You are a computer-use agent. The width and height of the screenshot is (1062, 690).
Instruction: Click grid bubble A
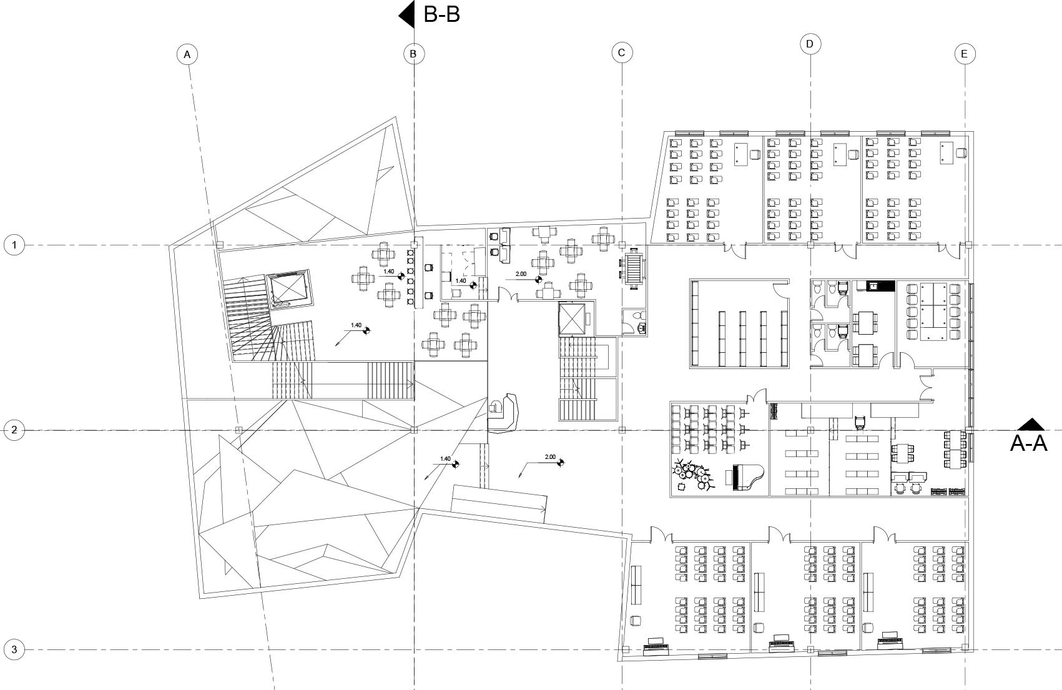(187, 54)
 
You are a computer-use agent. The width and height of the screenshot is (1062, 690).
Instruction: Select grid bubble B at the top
(413, 54)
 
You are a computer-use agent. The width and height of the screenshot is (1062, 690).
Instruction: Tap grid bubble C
(621, 52)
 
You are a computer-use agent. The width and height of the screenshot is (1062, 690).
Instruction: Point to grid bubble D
(810, 44)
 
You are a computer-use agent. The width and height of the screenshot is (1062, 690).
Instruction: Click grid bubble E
(964, 54)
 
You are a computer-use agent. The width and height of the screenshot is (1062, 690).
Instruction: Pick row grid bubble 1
(14, 245)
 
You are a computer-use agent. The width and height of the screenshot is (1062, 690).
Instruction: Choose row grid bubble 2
(14, 430)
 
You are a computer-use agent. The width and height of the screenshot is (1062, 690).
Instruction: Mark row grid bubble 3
(14, 649)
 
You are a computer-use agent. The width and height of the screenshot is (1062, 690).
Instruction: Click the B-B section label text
(441, 14)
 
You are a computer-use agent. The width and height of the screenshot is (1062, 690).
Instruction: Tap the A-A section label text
(1028, 443)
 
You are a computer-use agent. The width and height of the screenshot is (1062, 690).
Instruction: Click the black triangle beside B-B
(407, 14)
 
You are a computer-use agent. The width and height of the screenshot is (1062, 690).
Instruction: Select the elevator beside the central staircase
(574, 319)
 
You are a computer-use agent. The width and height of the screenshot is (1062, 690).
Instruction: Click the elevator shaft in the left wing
(288, 289)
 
